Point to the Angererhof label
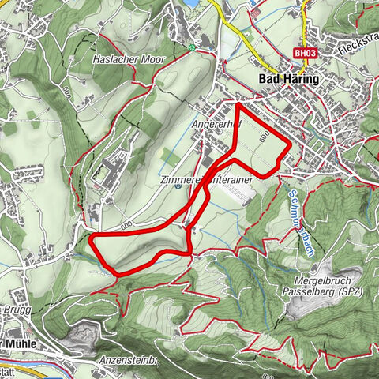[x=212, y=125]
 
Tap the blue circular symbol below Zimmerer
[x=178, y=188]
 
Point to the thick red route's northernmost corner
[x=238, y=103]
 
